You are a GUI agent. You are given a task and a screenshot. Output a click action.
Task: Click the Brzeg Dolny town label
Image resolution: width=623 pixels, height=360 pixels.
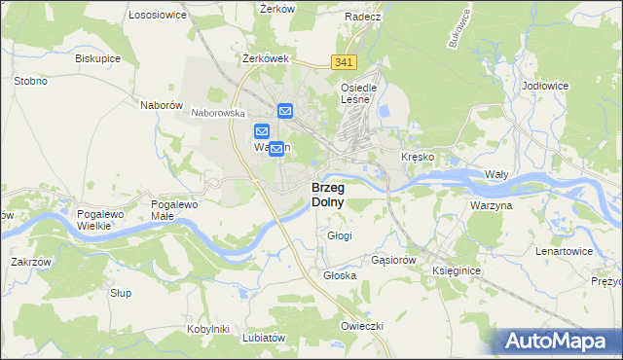327,195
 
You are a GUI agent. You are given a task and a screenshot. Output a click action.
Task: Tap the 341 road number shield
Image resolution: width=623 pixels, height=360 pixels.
343,62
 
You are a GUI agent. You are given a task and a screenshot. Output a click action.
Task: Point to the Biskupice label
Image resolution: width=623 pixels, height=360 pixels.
97,57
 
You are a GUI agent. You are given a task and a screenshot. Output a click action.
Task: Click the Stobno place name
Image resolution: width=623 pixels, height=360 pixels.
30,81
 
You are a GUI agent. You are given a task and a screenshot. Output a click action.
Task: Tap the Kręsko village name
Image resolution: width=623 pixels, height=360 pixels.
418,157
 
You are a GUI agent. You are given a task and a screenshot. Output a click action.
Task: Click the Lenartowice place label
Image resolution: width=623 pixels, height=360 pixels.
564,251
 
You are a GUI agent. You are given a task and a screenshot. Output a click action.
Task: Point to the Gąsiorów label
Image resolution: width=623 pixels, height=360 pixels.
394,261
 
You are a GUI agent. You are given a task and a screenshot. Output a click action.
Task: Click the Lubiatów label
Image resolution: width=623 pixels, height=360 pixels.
265,338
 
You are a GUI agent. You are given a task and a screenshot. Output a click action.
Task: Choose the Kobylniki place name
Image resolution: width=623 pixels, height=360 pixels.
206,329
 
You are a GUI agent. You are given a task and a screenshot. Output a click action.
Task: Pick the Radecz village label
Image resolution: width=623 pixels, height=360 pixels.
362,17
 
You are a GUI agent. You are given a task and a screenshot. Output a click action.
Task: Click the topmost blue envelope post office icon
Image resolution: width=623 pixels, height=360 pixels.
285,112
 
